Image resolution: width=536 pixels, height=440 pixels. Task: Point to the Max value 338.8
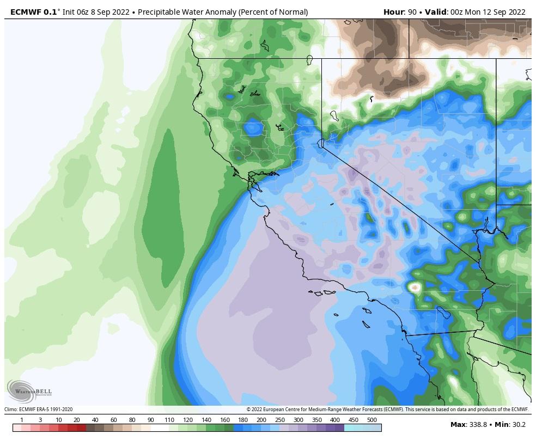477,424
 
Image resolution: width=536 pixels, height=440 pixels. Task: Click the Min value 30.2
518,424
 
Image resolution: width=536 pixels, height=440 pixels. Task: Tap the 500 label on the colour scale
372,420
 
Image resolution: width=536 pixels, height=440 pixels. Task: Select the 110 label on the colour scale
169,420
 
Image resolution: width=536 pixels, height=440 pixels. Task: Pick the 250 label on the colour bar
280,420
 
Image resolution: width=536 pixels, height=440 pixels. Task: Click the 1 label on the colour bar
21,420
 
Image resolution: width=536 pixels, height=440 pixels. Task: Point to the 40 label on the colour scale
95,420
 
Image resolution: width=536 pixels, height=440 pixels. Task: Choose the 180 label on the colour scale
243,420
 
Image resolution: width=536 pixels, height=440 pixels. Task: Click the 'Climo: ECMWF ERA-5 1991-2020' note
39,410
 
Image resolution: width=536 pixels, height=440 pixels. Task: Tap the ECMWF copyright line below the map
387,410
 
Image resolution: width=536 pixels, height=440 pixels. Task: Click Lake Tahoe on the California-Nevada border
321,143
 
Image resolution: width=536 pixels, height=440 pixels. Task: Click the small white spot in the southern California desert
415,286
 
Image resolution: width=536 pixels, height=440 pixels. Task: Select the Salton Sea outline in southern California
444,312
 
